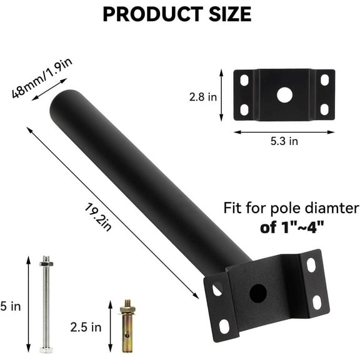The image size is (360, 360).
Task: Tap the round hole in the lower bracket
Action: (x=257, y=292)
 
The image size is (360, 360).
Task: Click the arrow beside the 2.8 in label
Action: (x=222, y=96)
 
